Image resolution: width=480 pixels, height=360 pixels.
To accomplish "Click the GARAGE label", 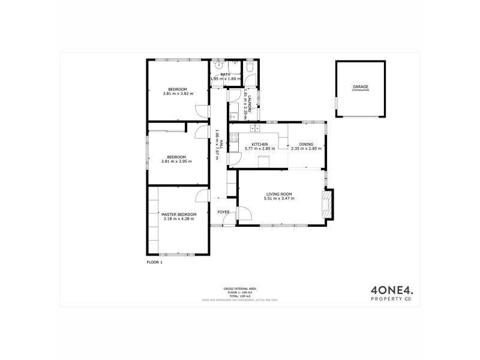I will (360, 87).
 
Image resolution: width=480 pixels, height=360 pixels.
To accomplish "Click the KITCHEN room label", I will (259, 145).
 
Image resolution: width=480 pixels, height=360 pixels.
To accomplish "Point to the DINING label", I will (306, 145).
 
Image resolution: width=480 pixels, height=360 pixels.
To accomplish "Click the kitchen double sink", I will (255, 127).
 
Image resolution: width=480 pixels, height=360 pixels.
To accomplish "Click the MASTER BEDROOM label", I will (179, 214).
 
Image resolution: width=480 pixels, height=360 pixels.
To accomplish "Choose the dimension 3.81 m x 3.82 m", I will (177, 94).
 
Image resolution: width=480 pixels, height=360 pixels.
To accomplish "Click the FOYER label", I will (223, 212).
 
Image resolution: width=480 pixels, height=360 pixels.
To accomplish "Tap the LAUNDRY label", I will (245, 100).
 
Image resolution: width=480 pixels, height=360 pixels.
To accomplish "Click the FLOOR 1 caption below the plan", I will (155, 262).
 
